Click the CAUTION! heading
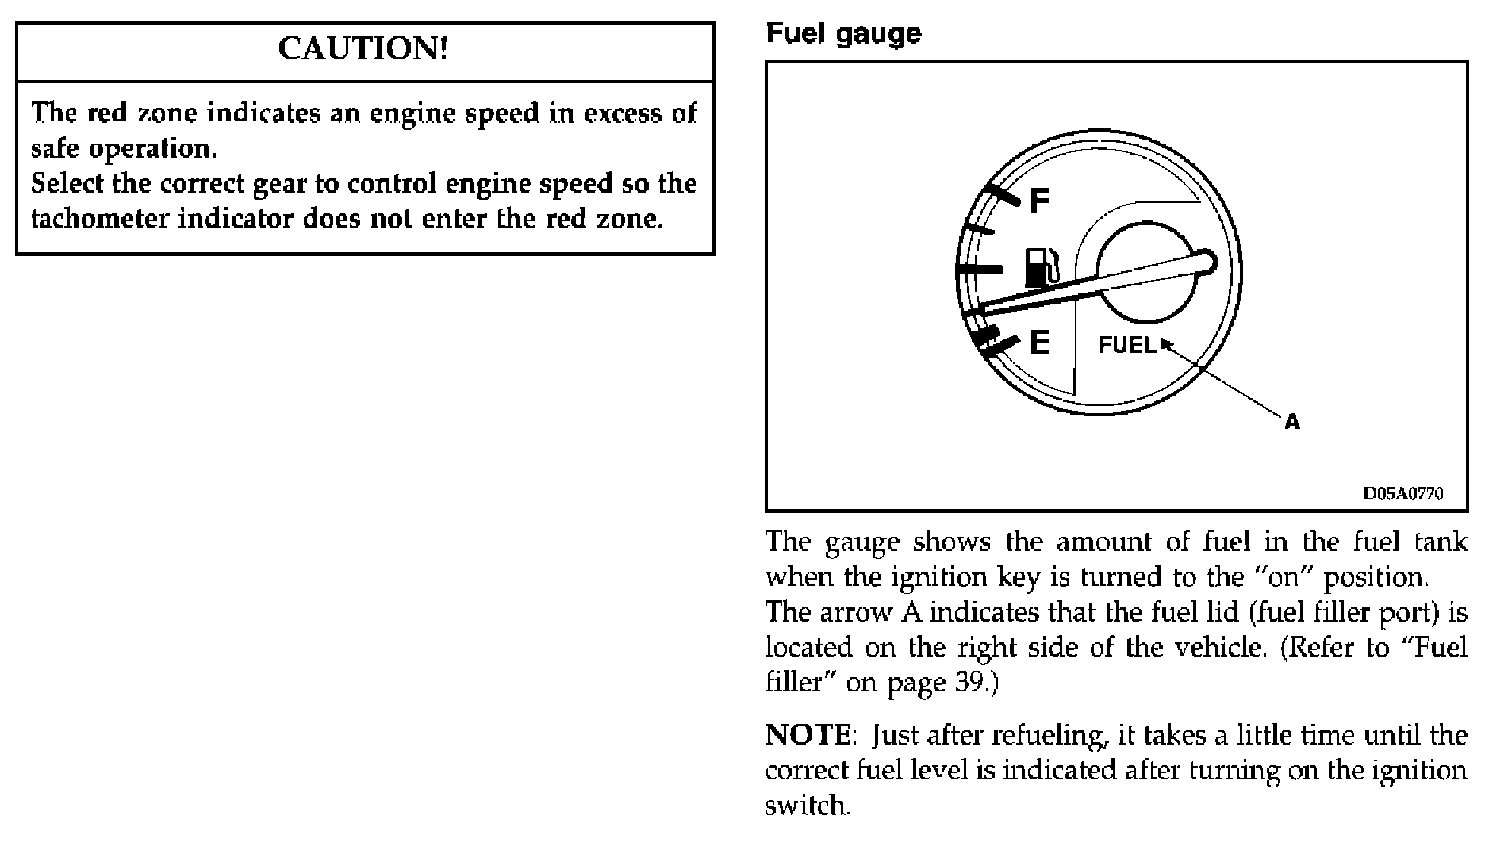click(363, 50)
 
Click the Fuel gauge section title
click(842, 33)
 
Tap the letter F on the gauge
click(1038, 201)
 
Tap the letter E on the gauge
click(1039, 343)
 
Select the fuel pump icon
click(1039, 267)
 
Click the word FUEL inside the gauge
click(1126, 345)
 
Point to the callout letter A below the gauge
click(1292, 422)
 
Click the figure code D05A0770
click(1402, 493)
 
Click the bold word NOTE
click(807, 736)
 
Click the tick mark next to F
click(1002, 197)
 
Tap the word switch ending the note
click(806, 806)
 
